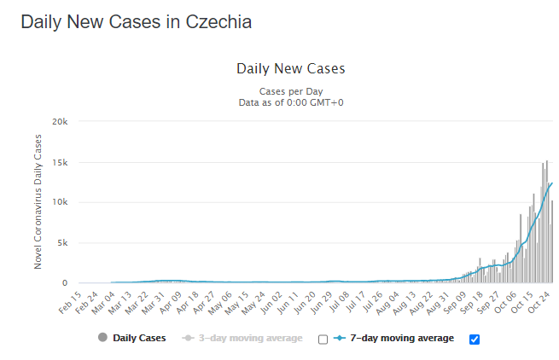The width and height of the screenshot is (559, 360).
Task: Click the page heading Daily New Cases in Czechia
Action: (x=136, y=22)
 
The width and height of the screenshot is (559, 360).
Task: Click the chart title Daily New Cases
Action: (x=290, y=68)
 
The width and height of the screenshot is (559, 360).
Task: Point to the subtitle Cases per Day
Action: (x=291, y=91)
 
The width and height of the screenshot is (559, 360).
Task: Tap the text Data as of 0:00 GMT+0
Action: (x=291, y=102)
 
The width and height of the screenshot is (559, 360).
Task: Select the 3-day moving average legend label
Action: (x=249, y=339)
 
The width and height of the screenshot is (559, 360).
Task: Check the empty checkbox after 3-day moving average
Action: (x=323, y=340)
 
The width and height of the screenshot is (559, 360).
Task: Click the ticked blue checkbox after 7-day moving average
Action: (x=475, y=340)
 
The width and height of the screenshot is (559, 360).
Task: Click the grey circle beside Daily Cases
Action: (x=103, y=339)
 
